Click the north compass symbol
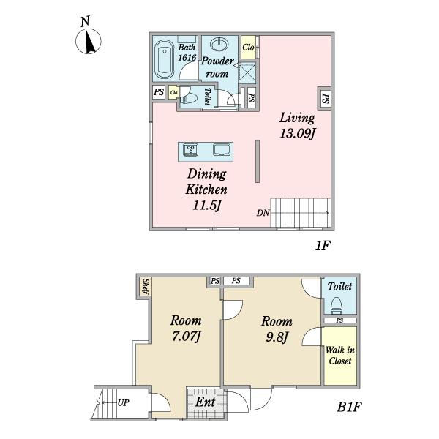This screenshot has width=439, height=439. (89, 41)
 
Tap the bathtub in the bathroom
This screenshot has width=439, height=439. (164, 60)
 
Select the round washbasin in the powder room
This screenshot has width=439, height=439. (219, 45)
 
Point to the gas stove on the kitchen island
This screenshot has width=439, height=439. (190, 149)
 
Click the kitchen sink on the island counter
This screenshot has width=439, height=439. (222, 149)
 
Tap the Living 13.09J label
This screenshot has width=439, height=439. (297, 125)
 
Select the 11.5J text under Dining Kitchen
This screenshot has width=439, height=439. (206, 206)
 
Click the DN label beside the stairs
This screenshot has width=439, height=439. (263, 213)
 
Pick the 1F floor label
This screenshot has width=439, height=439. (323, 246)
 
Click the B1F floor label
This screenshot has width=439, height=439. (349, 407)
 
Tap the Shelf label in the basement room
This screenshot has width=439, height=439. (146, 286)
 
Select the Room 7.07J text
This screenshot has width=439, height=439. (186, 328)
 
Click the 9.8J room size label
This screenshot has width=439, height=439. (277, 337)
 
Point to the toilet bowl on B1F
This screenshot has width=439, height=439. (337, 306)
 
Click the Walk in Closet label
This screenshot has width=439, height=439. (340, 356)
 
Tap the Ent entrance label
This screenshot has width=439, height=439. (205, 402)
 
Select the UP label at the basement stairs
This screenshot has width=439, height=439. (123, 402)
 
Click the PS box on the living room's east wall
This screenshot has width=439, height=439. (325, 99)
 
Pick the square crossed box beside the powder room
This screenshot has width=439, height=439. (247, 72)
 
